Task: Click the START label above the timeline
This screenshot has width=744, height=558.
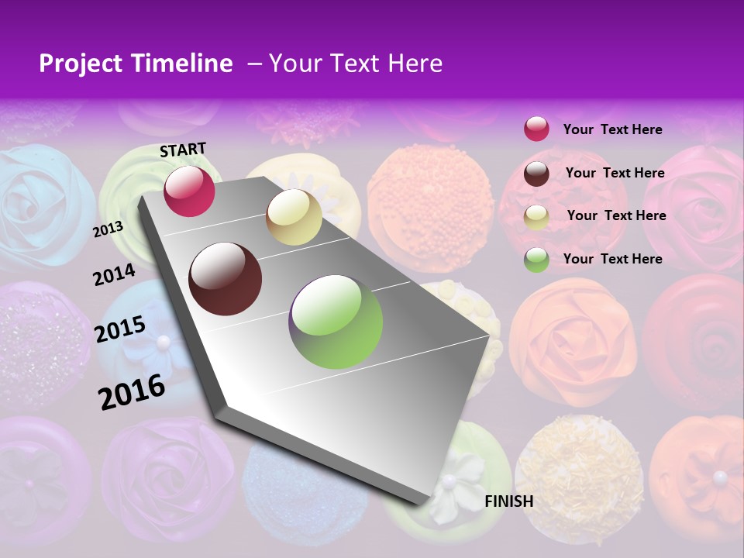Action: tap(183, 150)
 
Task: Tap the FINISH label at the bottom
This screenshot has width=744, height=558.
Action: tap(508, 501)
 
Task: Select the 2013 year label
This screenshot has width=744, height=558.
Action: tap(108, 229)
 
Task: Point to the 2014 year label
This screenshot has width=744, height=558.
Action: tap(114, 275)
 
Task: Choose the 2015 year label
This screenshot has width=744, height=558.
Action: tap(120, 329)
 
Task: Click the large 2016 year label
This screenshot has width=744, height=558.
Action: tap(132, 391)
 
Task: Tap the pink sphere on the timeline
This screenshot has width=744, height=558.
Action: tap(189, 191)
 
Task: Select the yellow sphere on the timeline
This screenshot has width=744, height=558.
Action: tap(294, 217)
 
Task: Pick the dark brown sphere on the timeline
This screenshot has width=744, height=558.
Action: tap(226, 279)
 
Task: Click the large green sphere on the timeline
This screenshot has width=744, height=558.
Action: tap(336, 321)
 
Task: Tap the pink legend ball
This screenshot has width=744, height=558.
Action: tap(536, 129)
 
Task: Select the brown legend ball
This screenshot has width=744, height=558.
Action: tap(536, 174)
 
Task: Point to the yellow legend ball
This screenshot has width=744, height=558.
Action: tap(536, 216)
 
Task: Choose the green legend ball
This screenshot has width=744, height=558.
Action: tap(536, 260)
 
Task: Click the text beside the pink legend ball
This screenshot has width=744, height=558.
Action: tap(612, 129)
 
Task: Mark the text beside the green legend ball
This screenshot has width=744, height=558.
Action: tap(612, 259)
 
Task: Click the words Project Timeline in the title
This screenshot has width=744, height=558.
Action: tap(136, 64)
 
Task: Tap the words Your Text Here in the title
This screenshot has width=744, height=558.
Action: tap(356, 64)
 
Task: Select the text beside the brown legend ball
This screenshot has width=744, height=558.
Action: tap(615, 173)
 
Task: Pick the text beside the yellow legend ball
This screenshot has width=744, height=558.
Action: tap(616, 215)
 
